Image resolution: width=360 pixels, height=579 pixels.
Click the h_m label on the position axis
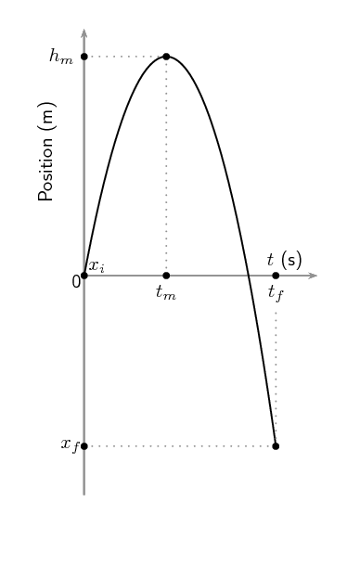tap(60, 57)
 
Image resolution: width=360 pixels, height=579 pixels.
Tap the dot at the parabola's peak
tap(166, 57)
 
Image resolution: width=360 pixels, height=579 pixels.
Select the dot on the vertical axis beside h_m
tap(84, 57)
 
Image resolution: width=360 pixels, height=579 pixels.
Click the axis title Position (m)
tap(46, 151)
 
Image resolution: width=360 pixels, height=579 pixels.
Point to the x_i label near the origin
tap(96, 265)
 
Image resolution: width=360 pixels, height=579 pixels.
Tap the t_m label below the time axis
tap(166, 293)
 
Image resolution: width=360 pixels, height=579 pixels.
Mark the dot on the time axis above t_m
tap(166, 276)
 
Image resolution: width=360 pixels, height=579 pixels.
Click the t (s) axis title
tap(284, 260)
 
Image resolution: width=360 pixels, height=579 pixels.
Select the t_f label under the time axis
tap(276, 293)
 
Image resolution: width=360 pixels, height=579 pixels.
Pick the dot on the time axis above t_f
tap(276, 276)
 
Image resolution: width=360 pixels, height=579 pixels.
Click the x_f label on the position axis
tap(69, 445)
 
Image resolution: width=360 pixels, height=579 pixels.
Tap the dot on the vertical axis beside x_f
tap(84, 446)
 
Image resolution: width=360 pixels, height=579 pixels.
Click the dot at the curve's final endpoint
tap(276, 446)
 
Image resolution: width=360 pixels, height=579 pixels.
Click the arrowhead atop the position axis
tap(84, 34)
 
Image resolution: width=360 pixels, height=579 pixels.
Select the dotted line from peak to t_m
tap(166, 167)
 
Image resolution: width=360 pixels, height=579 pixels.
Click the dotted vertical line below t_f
tap(276, 371)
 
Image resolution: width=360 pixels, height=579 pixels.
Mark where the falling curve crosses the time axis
tap(250, 276)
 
